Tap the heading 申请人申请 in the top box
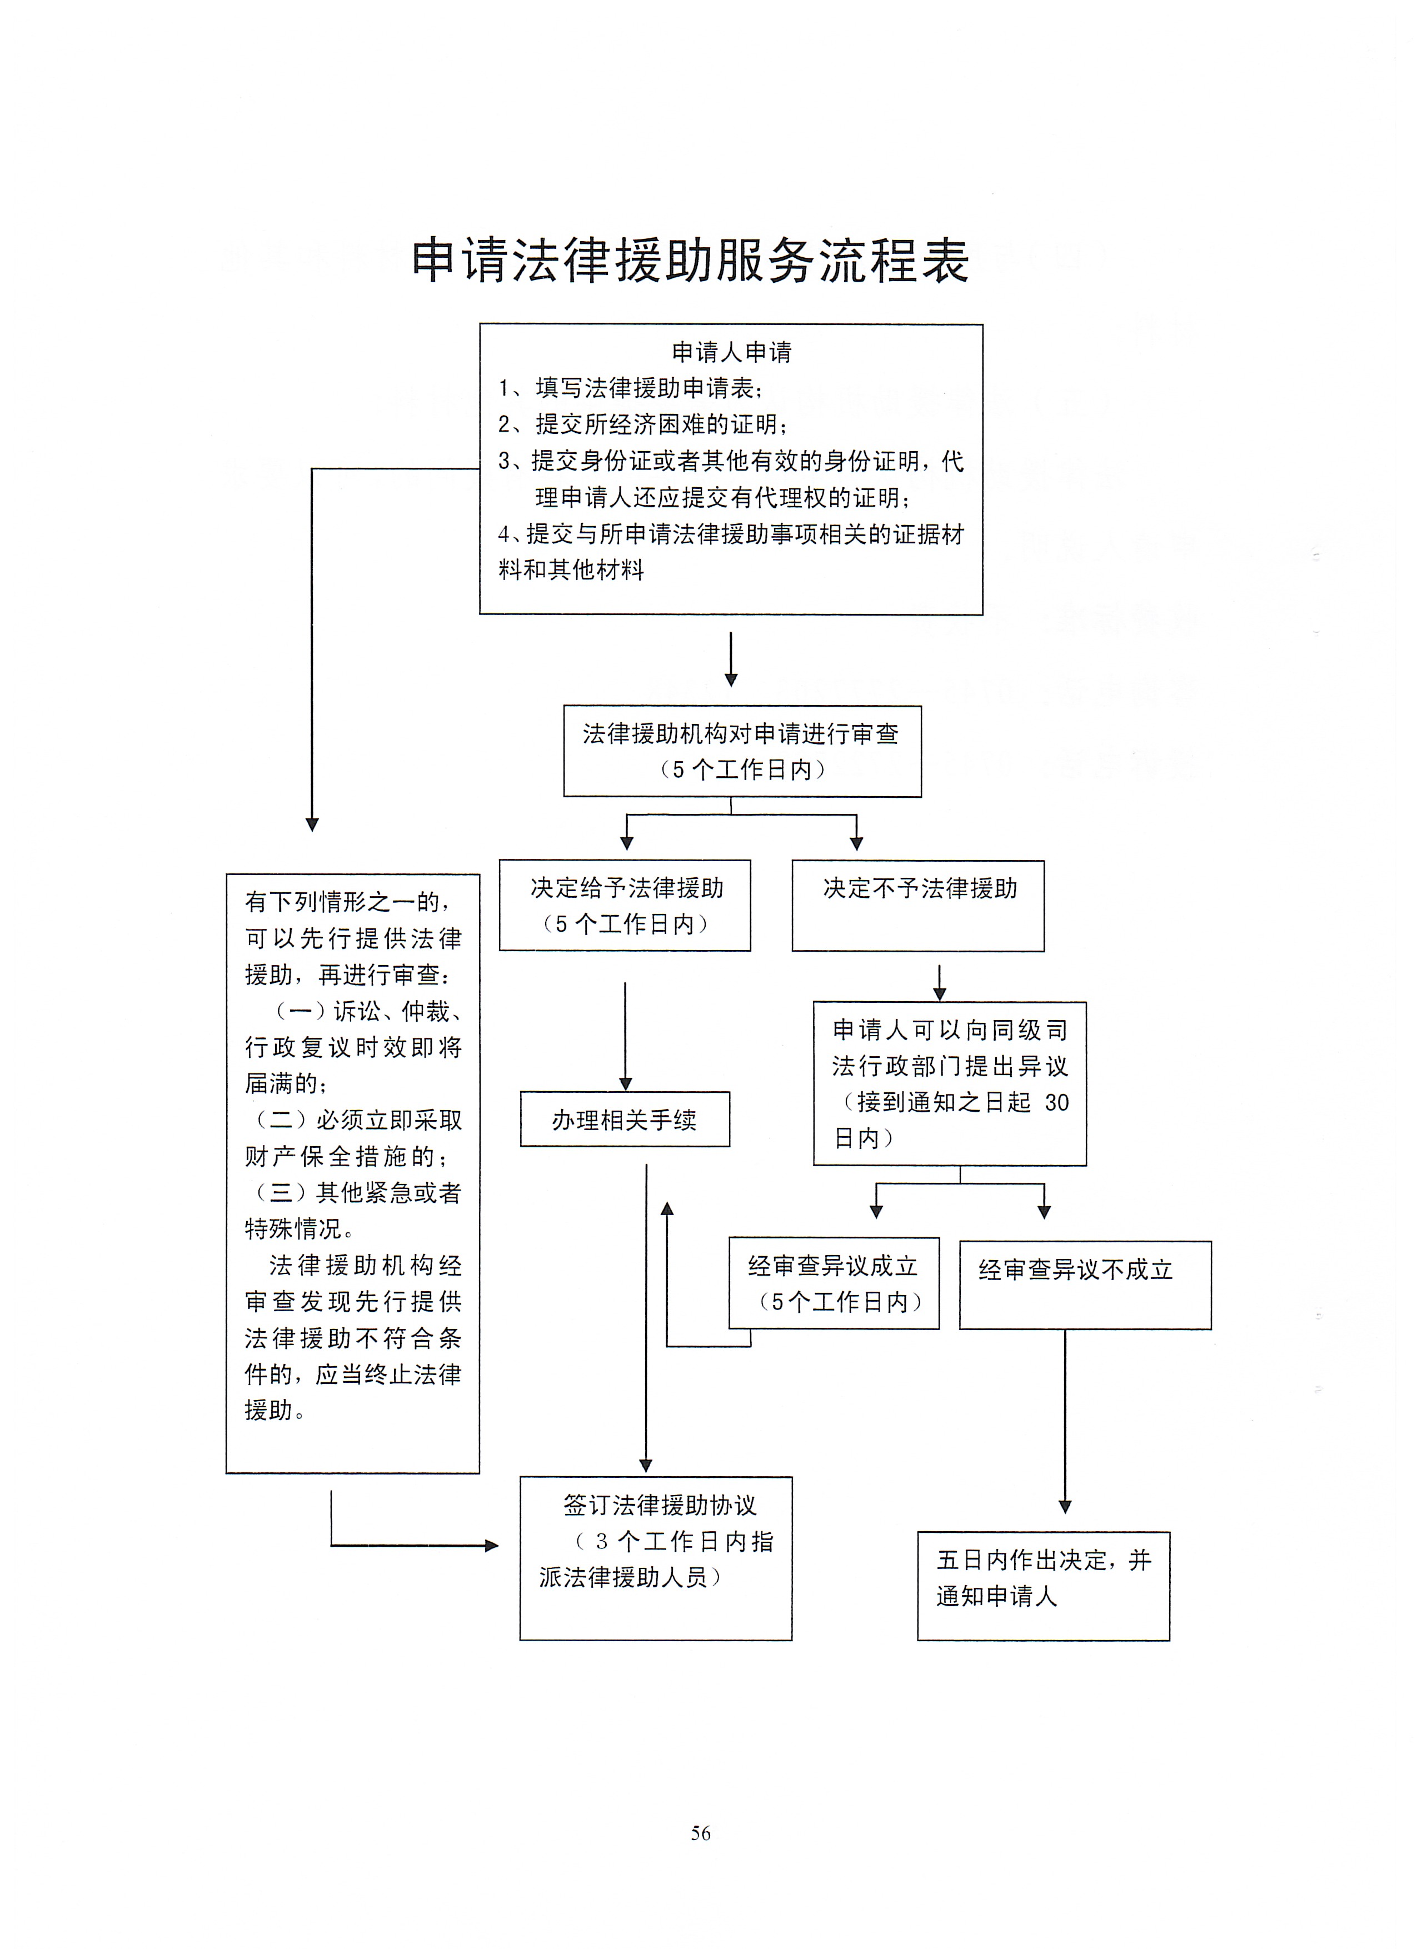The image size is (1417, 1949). (x=731, y=352)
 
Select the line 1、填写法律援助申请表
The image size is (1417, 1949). (x=630, y=388)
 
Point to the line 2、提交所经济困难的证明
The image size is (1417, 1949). (x=643, y=424)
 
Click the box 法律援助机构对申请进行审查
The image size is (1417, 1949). (x=742, y=751)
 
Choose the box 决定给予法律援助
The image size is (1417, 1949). (x=625, y=905)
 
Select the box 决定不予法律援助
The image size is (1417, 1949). (x=918, y=906)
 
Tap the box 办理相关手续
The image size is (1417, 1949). (x=625, y=1119)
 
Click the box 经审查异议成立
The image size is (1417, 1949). (x=834, y=1283)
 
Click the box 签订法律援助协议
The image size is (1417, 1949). (x=656, y=1558)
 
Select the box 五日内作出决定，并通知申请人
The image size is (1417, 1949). (x=1043, y=1586)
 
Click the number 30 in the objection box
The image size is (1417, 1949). (x=1056, y=1102)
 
